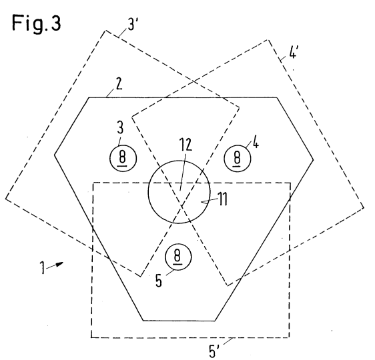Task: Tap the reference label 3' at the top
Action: coord(133,25)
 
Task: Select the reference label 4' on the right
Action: coord(293,52)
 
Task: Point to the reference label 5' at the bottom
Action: coord(215,351)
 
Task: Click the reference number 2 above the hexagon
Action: coord(119,84)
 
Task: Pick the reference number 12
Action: coord(185,145)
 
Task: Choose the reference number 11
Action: coord(223,199)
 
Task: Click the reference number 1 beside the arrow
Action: coord(42,267)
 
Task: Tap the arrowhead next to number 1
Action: coord(59,264)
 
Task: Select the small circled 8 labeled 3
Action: coord(123,158)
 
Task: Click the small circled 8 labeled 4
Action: coord(238,158)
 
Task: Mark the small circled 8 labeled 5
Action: coord(178,257)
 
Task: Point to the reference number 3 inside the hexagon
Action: coord(120,127)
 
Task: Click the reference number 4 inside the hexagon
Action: coord(256,144)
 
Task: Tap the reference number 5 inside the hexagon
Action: coord(159,281)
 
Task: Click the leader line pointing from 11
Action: coord(209,201)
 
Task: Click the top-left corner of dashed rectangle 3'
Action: coord(105,31)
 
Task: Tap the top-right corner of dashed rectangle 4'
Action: coord(268,40)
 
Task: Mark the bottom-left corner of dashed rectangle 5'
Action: coord(91,337)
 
